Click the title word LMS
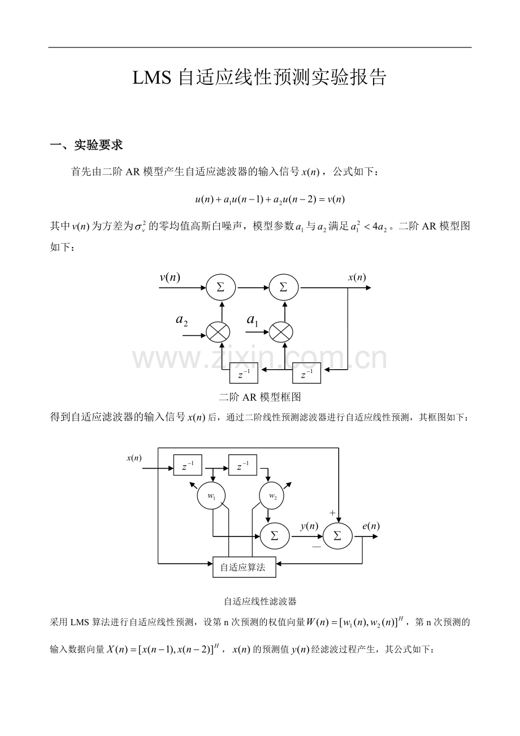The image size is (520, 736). tap(152, 78)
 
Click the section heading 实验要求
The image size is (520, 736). tap(98, 145)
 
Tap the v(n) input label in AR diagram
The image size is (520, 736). tap(170, 278)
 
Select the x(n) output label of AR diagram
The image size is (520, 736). tap(357, 278)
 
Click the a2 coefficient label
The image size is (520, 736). tap(182, 320)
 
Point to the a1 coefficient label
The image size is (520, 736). tap(252, 320)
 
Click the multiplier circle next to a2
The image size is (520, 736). tap(218, 332)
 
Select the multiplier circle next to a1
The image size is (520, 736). tap(281, 332)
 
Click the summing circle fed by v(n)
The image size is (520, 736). tap(221, 288)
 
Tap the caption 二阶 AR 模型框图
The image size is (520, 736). tap(260, 397)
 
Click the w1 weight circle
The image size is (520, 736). tap(211, 496)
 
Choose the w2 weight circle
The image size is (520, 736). tap(273, 496)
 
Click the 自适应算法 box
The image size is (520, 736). tap(244, 567)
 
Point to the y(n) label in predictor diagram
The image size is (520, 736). tap(309, 526)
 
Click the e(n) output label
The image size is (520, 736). tap(371, 526)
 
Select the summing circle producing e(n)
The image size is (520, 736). tap(337, 536)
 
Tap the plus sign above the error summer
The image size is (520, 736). tap(332, 513)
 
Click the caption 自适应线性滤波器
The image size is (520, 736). tap(260, 601)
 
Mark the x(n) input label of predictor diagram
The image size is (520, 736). tap(134, 458)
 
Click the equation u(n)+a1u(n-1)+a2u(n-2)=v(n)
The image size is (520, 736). tap(270, 200)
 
